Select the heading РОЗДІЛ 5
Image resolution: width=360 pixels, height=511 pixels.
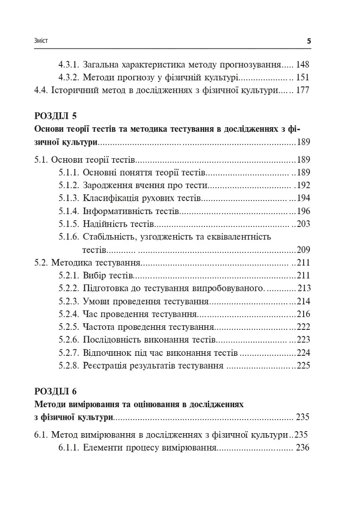(55, 117)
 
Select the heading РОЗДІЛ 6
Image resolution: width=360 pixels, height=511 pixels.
(55, 391)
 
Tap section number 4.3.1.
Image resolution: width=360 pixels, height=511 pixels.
(68, 64)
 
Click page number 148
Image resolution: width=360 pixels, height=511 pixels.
(303, 64)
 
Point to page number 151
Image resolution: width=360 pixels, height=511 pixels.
(303, 77)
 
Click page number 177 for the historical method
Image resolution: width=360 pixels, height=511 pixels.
(303, 90)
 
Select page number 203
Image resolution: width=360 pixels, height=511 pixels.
(304, 224)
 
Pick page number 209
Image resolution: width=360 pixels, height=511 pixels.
(304, 250)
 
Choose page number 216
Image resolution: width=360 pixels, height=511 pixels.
(304, 314)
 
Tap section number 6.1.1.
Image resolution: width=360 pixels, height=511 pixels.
(68, 448)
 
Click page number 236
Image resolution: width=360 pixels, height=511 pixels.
(303, 448)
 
